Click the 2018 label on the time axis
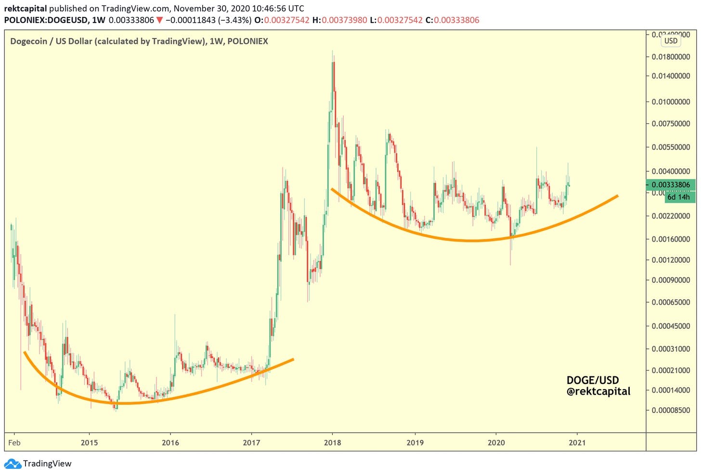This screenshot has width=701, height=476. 332,442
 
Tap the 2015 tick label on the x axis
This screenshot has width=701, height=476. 89,442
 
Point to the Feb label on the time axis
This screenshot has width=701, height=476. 14,442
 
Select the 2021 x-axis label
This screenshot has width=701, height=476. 577,442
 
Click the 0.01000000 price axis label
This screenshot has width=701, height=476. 671,102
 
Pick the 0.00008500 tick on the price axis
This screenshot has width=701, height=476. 671,410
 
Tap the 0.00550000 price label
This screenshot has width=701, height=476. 671,147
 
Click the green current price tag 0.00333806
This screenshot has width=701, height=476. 671,185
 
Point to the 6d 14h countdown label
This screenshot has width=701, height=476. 678,197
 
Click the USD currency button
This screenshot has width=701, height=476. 671,41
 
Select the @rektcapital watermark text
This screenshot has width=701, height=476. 598,391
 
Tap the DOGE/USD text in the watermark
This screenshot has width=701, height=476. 592,380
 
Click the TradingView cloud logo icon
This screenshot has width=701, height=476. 13,464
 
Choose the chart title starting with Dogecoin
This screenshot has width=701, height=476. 139,41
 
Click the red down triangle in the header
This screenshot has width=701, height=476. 160,20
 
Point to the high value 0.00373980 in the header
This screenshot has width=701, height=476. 344,20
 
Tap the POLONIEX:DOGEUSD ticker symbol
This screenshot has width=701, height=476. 46,20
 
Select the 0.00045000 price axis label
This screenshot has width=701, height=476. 671,326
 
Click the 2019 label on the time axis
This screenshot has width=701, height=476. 415,442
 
